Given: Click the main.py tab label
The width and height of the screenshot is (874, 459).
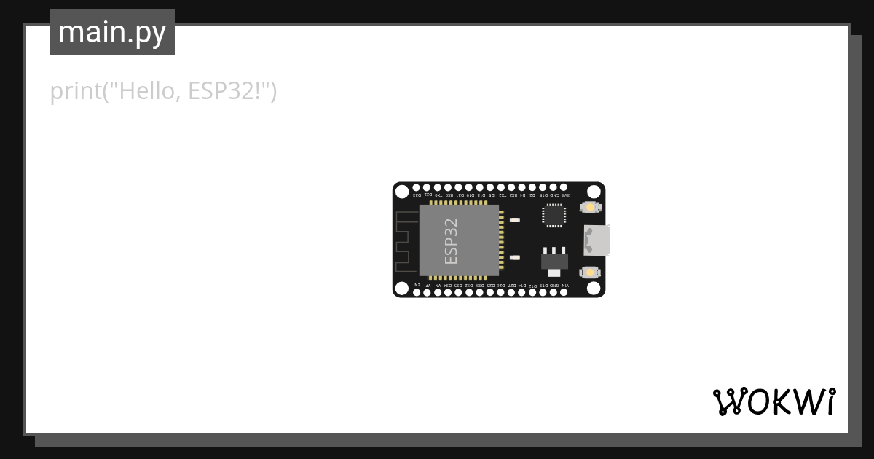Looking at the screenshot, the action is (x=112, y=33).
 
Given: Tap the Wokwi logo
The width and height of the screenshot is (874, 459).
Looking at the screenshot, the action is (x=773, y=401).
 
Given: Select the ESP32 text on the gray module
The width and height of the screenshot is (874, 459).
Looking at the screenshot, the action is (x=452, y=240).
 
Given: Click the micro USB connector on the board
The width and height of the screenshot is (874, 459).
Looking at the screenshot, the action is (x=596, y=240).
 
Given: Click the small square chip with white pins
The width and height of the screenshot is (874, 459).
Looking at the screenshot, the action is (x=554, y=215).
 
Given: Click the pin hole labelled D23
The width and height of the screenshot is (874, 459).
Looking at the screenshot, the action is (x=417, y=187).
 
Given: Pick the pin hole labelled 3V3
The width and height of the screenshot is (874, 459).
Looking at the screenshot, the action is (x=564, y=187).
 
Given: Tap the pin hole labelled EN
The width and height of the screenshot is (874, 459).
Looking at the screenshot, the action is (x=417, y=293).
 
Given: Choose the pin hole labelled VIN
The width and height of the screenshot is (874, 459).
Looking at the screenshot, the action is (x=564, y=293).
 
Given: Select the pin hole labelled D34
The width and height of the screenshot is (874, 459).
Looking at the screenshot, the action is (x=448, y=293).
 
